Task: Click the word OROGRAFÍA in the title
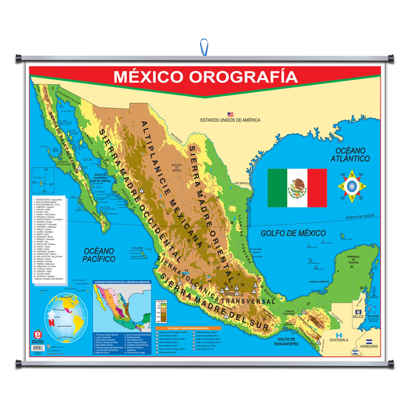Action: pyautogui.click(x=243, y=77)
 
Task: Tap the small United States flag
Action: pyautogui.click(x=230, y=114)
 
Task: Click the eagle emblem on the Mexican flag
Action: pyautogui.click(x=297, y=188)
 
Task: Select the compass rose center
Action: pyautogui.click(x=352, y=186)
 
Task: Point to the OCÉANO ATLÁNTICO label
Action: pyautogui.click(x=350, y=154)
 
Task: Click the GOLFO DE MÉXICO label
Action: pyautogui.click(x=293, y=233)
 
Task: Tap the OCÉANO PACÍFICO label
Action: pyautogui.click(x=99, y=255)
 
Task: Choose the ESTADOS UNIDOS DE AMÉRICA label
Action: pyautogui.click(x=230, y=120)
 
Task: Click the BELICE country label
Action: pyautogui.click(x=358, y=317)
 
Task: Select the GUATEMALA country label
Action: pyautogui.click(x=339, y=340)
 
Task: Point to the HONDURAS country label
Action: pyautogui.click(x=369, y=346)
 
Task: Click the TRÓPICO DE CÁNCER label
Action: pyautogui.click(x=362, y=217)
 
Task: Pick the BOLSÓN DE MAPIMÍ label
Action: pyautogui.click(x=177, y=167)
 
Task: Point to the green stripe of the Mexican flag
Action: pyautogui.click(x=277, y=188)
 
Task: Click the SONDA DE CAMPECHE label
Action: pyautogui.click(x=318, y=282)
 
